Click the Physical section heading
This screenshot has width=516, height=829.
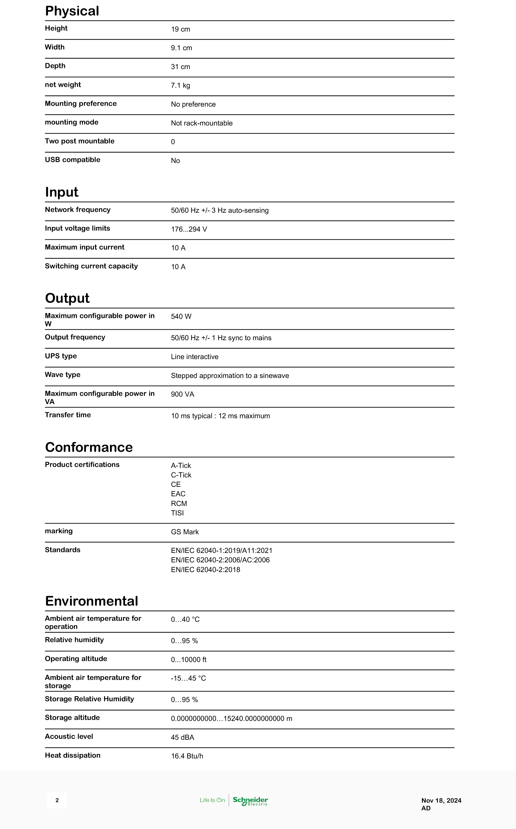click(72, 11)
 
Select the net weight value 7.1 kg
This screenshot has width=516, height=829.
click(180, 86)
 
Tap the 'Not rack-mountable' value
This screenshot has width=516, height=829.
click(201, 123)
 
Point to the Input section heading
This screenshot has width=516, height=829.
click(62, 192)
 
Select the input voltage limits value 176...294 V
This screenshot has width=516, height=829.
click(189, 229)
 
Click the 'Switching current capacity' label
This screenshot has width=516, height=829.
click(91, 266)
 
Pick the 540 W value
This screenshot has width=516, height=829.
click(181, 317)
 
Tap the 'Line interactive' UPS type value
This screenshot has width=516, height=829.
click(195, 357)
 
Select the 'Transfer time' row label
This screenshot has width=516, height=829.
click(68, 415)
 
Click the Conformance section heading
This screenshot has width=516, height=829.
click(89, 447)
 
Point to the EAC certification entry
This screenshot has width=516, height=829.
click(178, 494)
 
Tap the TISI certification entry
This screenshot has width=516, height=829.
click(177, 513)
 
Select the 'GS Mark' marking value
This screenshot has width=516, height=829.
click(185, 532)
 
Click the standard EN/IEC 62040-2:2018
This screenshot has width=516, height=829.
click(206, 570)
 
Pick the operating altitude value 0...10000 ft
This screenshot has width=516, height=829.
click(188, 660)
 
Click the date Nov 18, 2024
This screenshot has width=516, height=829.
click(441, 801)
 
